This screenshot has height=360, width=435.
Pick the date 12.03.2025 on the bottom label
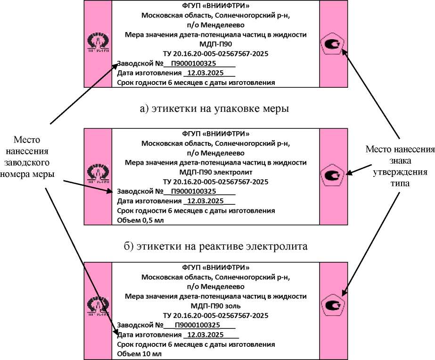(x=205, y=335)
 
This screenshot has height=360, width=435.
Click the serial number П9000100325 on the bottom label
(x=197, y=326)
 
